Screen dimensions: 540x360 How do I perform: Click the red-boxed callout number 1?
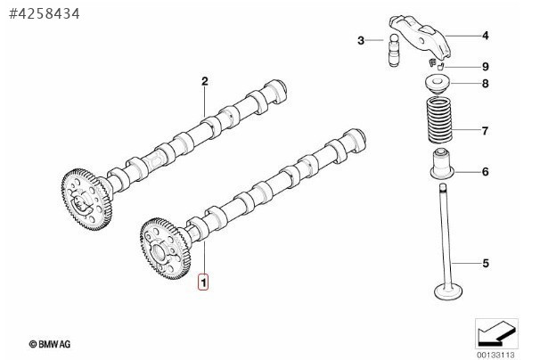[203, 282]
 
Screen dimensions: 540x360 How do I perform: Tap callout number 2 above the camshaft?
[205, 82]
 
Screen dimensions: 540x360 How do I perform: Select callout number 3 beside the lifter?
[361, 41]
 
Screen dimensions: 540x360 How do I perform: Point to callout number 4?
[486, 36]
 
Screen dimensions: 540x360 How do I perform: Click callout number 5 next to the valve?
[486, 264]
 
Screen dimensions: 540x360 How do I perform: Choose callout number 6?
[486, 172]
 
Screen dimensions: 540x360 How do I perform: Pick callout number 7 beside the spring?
[485, 131]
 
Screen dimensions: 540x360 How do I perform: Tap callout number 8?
[486, 84]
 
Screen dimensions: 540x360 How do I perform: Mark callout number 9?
[486, 67]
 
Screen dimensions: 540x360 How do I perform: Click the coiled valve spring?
[440, 119]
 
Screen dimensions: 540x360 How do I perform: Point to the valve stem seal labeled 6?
[442, 163]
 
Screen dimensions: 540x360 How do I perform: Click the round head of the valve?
[448, 292]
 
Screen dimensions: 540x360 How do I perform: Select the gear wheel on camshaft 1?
[166, 249]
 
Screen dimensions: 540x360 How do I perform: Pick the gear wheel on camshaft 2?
[86, 199]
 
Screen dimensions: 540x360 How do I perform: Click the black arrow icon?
[497, 334]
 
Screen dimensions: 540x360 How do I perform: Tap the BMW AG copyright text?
[50, 344]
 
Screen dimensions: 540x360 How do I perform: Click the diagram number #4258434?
[45, 13]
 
